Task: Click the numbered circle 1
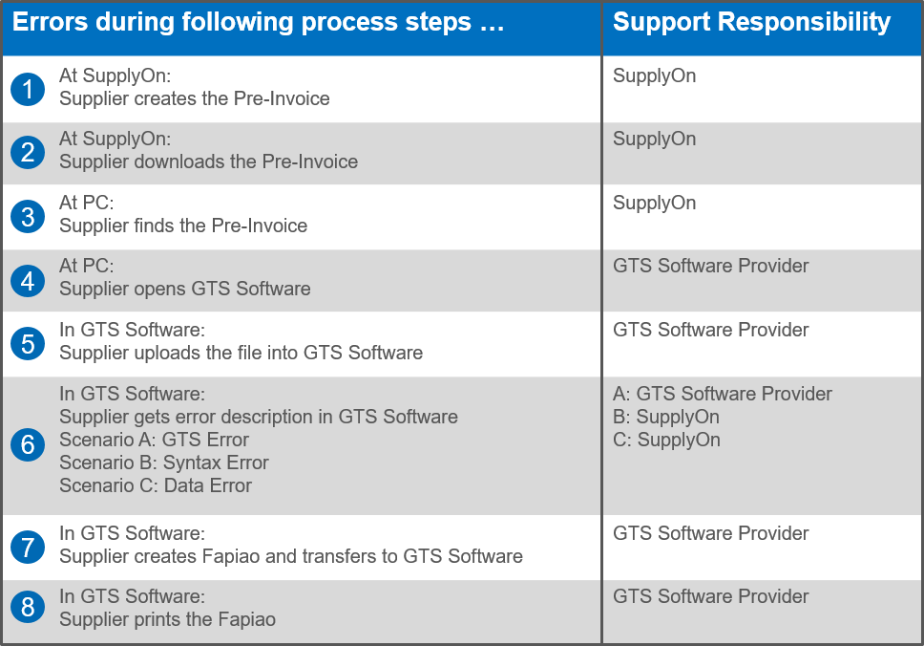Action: [x=28, y=89]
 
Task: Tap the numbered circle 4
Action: [x=28, y=280]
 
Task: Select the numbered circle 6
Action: [x=28, y=445]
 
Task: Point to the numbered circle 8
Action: [x=28, y=608]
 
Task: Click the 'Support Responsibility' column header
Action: [x=751, y=23]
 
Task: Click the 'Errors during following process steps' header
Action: [x=259, y=23]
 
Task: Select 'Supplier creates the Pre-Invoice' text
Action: [x=195, y=98]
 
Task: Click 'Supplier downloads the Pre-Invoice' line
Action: [x=208, y=161]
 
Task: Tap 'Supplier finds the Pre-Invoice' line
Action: [x=183, y=226]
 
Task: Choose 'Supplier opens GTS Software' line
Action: [x=184, y=289]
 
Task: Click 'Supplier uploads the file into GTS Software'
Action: [x=241, y=353]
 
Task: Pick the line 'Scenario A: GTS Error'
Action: [x=154, y=440]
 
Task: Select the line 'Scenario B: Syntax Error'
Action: [x=163, y=463]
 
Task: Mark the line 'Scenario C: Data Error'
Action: [x=156, y=485]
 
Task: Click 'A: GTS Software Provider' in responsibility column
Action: [x=723, y=394]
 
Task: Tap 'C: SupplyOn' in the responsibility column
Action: [x=666, y=440]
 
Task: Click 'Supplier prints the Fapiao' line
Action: [x=167, y=619]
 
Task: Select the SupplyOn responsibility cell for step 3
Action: [x=655, y=203]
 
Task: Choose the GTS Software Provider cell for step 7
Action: [x=711, y=533]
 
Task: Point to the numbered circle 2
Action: [x=28, y=153]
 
